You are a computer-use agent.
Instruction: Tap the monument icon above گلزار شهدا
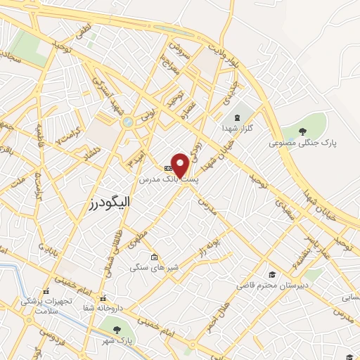[237, 115]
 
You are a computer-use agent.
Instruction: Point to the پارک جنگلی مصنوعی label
[302, 143]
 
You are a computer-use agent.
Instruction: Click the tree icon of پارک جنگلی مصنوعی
[302, 131]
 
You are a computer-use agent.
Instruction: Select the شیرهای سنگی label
[154, 267]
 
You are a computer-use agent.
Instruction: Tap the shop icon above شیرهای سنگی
[155, 257]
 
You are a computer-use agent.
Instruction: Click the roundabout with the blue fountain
[127, 122]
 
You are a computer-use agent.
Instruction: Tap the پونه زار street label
[210, 249]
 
